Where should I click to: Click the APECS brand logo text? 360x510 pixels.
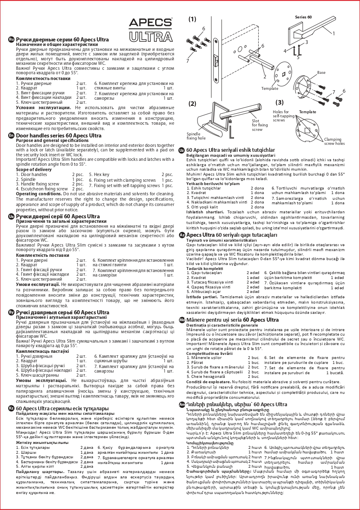click(x=151, y=23)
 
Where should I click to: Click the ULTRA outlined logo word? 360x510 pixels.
click(x=151, y=37)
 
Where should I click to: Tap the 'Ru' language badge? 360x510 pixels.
click(x=11, y=39)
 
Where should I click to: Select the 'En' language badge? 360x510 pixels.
click(x=11, y=135)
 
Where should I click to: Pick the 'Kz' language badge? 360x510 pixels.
click(x=11, y=408)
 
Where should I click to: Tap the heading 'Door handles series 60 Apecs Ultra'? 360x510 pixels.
click(x=59, y=135)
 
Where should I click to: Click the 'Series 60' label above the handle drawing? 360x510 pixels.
click(x=303, y=17)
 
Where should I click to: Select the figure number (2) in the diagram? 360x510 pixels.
click(x=193, y=103)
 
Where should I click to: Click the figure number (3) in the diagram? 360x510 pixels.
click(x=280, y=103)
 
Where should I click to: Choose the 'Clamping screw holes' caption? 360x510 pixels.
click(x=335, y=142)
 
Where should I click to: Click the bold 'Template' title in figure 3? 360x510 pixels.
click(x=307, y=112)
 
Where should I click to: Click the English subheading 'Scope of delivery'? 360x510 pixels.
click(x=34, y=169)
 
